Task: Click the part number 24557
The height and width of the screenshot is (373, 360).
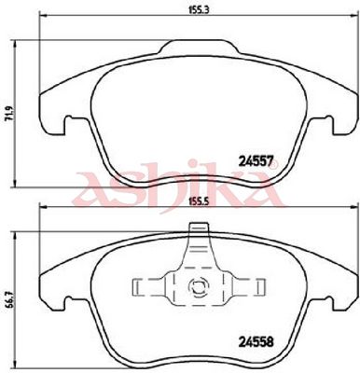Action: coord(256,161)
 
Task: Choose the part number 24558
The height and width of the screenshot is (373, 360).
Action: coord(256,342)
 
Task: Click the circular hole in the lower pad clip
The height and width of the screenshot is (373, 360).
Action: coord(198,284)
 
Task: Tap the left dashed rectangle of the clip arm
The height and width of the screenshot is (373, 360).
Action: coord(147,287)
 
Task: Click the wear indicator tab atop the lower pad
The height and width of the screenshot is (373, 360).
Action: coord(199,228)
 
